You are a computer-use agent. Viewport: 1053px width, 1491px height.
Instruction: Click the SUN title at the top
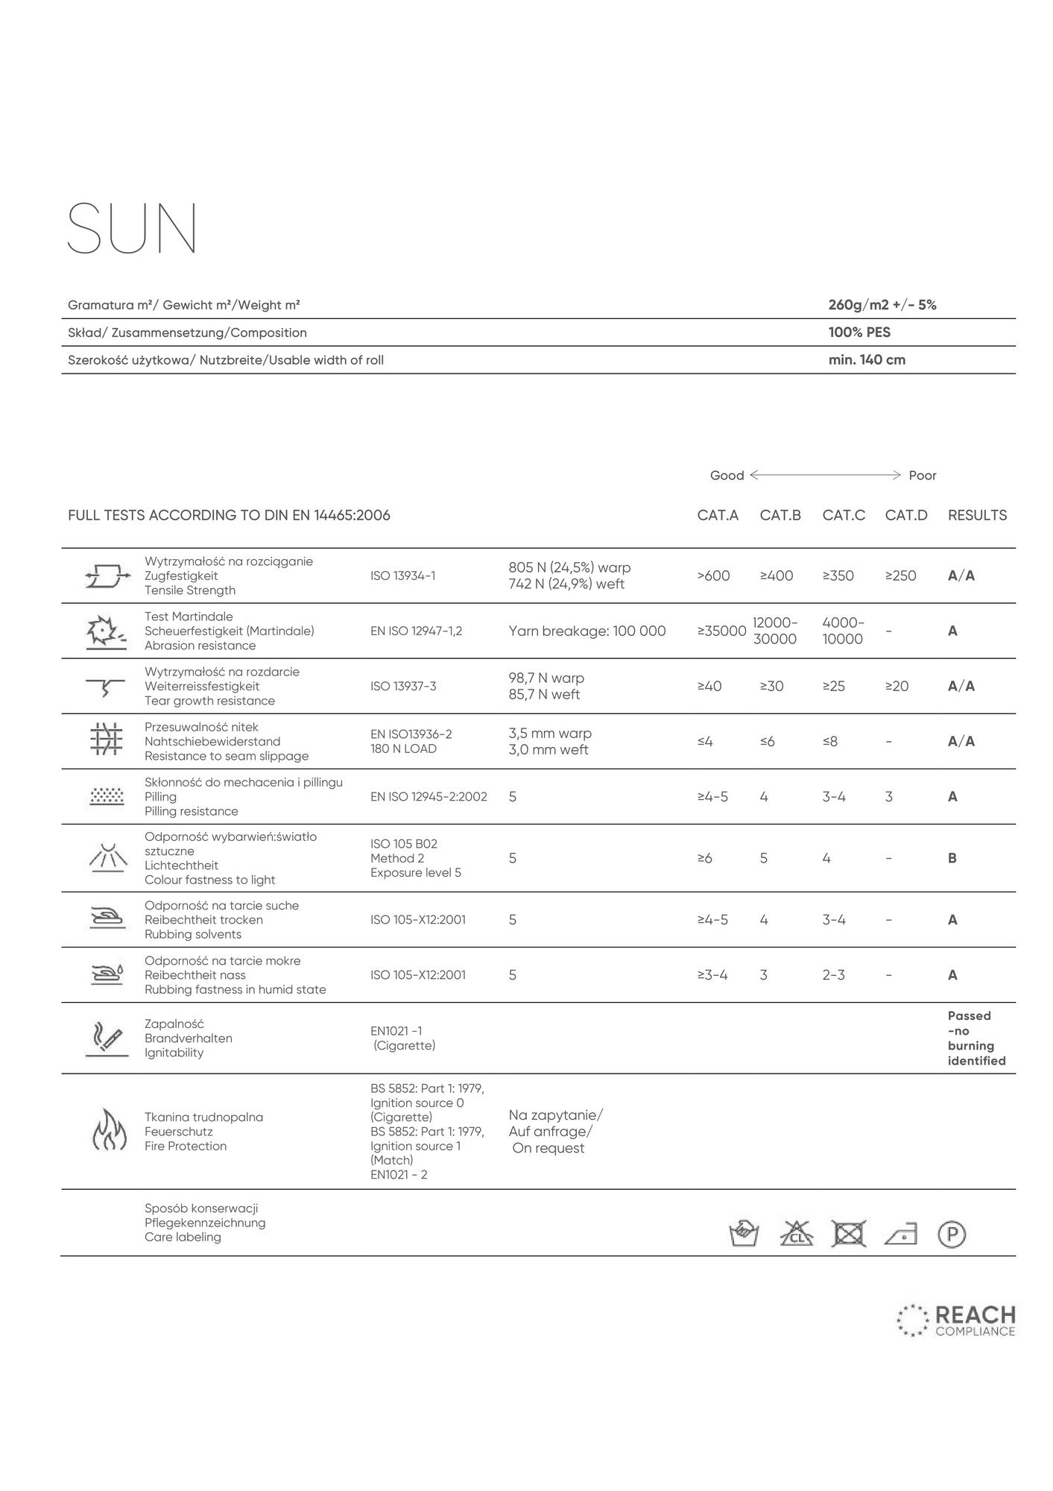point(133,228)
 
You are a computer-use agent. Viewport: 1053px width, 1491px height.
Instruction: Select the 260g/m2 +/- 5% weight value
point(882,305)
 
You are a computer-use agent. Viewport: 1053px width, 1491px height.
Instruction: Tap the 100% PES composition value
point(859,332)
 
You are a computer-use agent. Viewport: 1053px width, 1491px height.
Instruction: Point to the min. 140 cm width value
point(867,360)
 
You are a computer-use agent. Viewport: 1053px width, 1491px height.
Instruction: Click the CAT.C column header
point(844,515)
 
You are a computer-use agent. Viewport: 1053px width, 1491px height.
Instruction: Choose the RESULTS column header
point(976,515)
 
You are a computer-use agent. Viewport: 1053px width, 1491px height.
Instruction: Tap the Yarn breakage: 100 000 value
point(586,631)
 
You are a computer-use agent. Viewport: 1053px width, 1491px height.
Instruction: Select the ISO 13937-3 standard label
point(402,686)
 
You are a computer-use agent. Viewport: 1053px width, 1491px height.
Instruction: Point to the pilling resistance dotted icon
point(107,796)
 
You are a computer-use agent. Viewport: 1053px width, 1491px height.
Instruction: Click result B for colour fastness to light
point(952,858)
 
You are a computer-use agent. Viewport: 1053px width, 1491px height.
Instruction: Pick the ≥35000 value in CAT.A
point(721,631)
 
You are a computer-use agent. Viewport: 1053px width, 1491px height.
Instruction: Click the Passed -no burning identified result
point(976,1038)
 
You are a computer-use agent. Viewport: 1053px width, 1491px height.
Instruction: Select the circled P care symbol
point(952,1234)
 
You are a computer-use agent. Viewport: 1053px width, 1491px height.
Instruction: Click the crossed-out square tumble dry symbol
point(849,1234)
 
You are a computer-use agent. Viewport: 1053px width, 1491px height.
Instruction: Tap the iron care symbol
point(900,1235)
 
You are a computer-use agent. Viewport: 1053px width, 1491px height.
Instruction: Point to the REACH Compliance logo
point(956,1320)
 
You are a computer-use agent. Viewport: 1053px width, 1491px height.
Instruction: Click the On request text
point(548,1148)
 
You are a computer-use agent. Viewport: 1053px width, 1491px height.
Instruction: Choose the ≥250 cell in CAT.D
point(900,576)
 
